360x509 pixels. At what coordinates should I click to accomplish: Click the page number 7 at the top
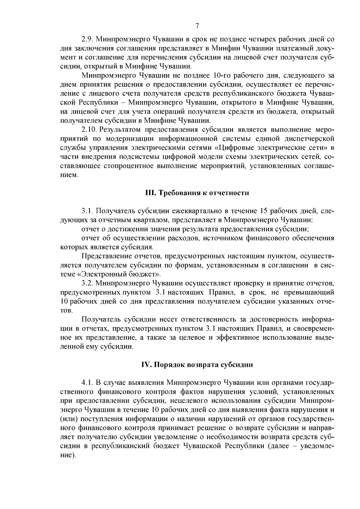[197, 26]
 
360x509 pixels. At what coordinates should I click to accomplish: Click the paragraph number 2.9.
[87, 39]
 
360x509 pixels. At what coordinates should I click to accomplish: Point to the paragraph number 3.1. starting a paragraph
[87, 211]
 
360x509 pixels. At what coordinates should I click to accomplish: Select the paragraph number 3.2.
[87, 283]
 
